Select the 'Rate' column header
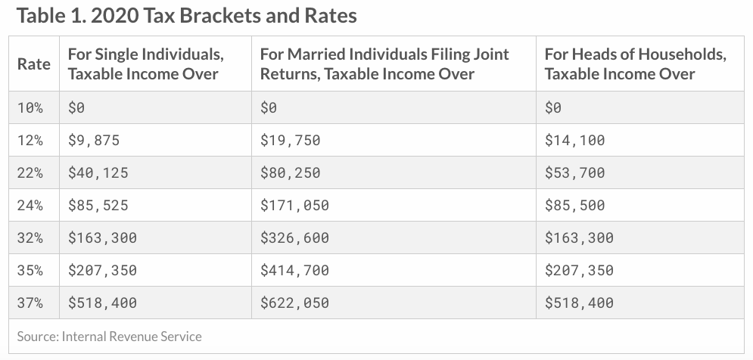tap(34, 64)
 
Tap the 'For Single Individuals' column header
tap(145, 64)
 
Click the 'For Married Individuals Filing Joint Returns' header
tap(384, 64)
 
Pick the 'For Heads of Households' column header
tap(635, 64)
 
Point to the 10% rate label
tap(30, 108)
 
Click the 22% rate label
tap(30, 173)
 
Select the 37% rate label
tap(30, 303)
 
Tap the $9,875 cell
tap(94, 141)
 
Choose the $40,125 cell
tap(98, 173)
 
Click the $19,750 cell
tap(291, 141)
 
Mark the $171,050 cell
tap(295, 206)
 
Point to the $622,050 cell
tap(295, 303)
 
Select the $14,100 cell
tap(575, 141)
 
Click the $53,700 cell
tap(575, 173)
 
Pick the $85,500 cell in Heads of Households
tap(575, 206)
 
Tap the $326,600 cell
tap(295, 238)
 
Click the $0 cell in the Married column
tap(269, 108)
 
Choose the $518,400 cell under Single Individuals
tap(103, 303)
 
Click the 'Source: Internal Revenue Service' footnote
tap(110, 336)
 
